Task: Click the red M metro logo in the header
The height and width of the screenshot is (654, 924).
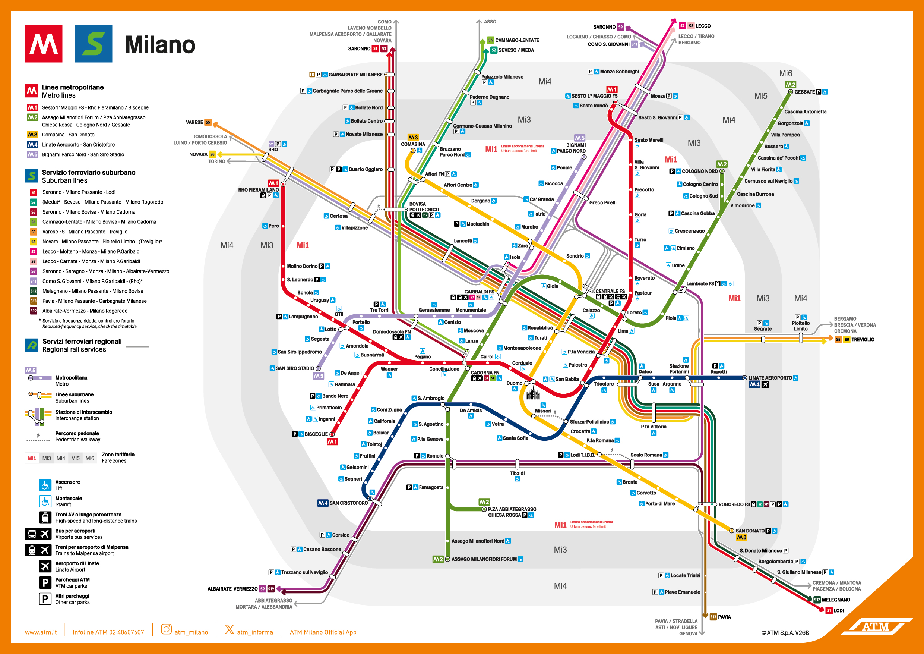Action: (x=44, y=44)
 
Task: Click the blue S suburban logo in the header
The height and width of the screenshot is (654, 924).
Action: (x=94, y=44)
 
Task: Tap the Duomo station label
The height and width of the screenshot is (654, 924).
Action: (x=514, y=383)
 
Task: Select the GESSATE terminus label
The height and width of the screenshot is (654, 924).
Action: (x=804, y=92)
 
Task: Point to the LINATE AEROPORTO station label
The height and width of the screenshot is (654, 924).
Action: (x=770, y=378)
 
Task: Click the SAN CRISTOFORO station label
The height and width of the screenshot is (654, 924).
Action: (x=348, y=503)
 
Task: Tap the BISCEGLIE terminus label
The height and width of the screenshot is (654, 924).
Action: (x=316, y=434)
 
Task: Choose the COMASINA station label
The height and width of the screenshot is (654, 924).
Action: (x=413, y=144)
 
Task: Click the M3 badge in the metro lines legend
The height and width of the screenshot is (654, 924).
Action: (x=32, y=135)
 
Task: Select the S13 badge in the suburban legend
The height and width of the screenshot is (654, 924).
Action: (x=34, y=301)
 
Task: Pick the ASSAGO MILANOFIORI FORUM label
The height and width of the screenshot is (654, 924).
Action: (x=484, y=559)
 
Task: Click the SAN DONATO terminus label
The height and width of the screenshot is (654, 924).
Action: (x=750, y=531)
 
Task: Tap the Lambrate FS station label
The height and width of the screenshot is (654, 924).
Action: (x=700, y=283)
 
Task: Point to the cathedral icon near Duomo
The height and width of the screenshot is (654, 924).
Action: (x=533, y=393)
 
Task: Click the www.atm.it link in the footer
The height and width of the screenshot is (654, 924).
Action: (x=41, y=632)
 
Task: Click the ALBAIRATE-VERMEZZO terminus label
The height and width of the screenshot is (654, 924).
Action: (x=232, y=589)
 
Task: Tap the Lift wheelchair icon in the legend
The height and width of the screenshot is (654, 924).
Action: (x=45, y=485)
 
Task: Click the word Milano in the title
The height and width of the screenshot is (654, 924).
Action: (x=160, y=45)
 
